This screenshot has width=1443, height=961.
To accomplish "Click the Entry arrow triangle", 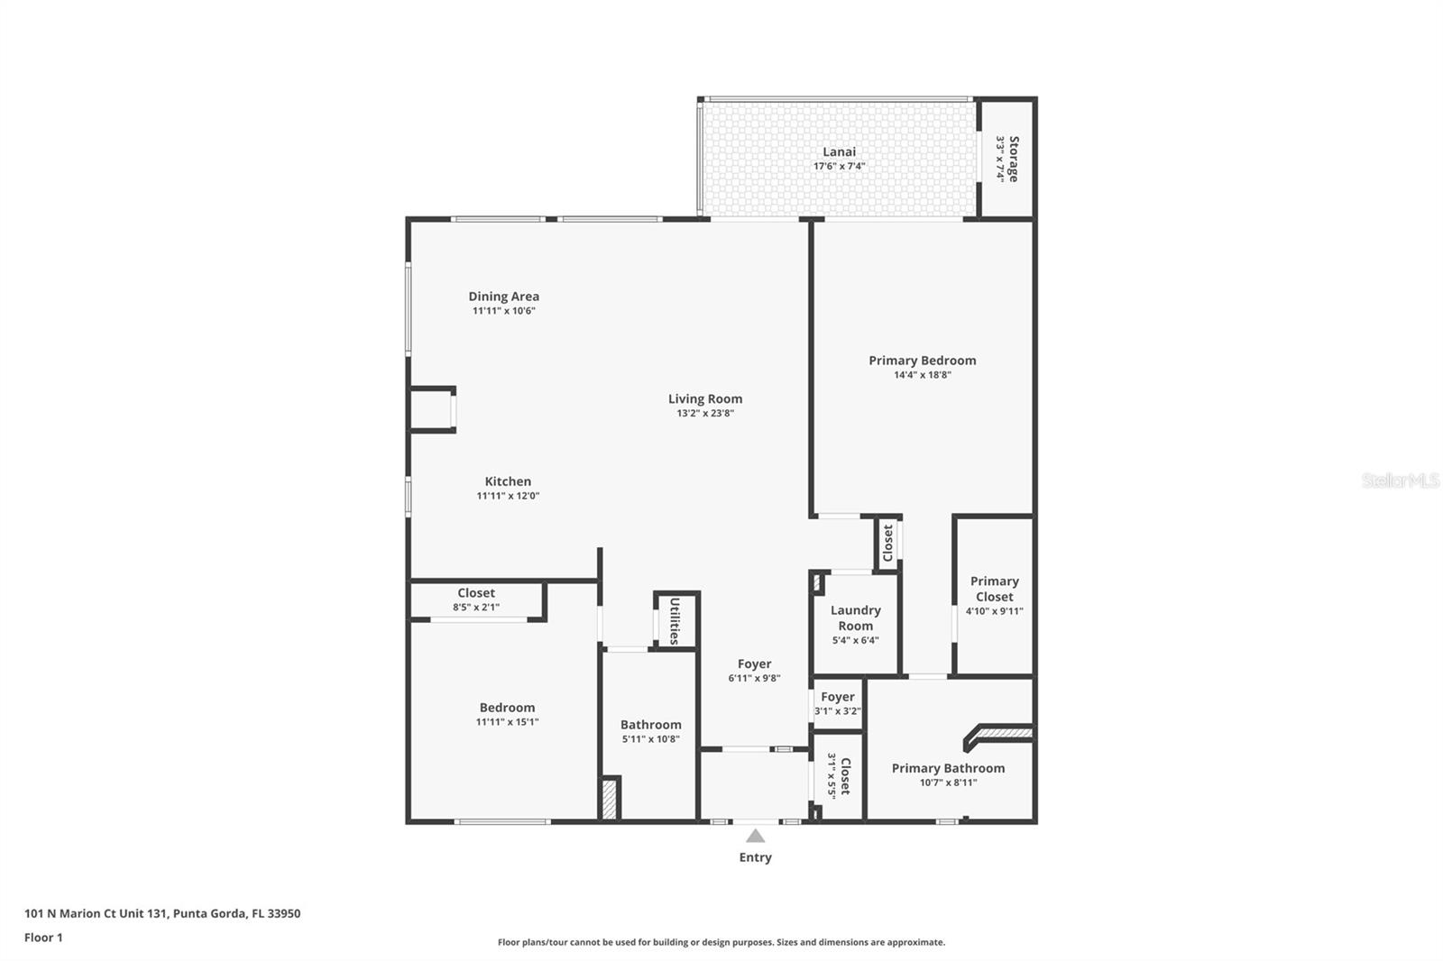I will point(755,836).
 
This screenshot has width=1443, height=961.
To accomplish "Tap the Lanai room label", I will point(839,151).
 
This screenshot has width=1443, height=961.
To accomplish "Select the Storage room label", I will point(1013,159).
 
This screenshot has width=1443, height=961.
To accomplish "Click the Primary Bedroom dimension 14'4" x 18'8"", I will point(922,375).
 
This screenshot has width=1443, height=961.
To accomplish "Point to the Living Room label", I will point(705,398).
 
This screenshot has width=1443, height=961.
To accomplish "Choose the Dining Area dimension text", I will point(504,311).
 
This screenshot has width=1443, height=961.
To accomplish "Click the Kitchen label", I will point(508,481).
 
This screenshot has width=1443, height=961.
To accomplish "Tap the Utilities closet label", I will point(675,620).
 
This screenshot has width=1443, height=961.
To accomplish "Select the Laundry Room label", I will point(855,618).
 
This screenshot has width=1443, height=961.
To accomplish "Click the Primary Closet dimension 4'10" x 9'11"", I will point(994,611).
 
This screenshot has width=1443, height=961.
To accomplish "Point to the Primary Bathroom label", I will point(948,768).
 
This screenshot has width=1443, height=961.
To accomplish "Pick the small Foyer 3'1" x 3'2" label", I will point(837,697).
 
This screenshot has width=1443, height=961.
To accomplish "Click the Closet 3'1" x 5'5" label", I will point(845,775).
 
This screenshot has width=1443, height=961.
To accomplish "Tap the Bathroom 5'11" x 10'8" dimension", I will point(650,739).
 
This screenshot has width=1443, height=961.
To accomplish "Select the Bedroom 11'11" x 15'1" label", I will point(507,708).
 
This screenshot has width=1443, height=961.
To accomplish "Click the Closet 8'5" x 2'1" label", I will point(475,593).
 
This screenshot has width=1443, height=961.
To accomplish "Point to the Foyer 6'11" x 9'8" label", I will point(754,664).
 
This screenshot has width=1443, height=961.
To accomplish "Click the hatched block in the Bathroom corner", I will point(611,799).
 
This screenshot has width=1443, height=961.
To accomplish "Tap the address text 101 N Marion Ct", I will point(162,913).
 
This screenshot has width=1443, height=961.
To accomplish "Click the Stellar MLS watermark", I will point(1400,480).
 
